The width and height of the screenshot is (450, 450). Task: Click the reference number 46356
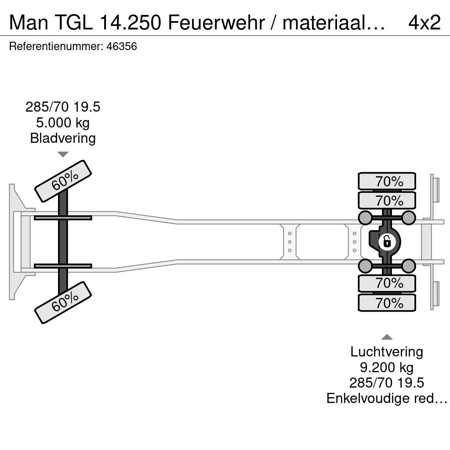point(121,47)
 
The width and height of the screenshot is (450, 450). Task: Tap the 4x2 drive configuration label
point(424,22)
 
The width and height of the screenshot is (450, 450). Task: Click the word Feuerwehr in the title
point(216,22)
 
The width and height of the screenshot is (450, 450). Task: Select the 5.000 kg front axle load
point(63,123)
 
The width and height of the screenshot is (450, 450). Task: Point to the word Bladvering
point(63,138)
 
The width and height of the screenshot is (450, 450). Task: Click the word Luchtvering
point(387,352)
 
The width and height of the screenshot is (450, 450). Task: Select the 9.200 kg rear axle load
point(387,367)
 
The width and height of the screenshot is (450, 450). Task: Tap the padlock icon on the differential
point(387,242)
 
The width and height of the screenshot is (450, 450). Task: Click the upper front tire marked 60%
point(63,181)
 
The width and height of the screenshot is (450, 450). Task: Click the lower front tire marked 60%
point(63,302)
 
